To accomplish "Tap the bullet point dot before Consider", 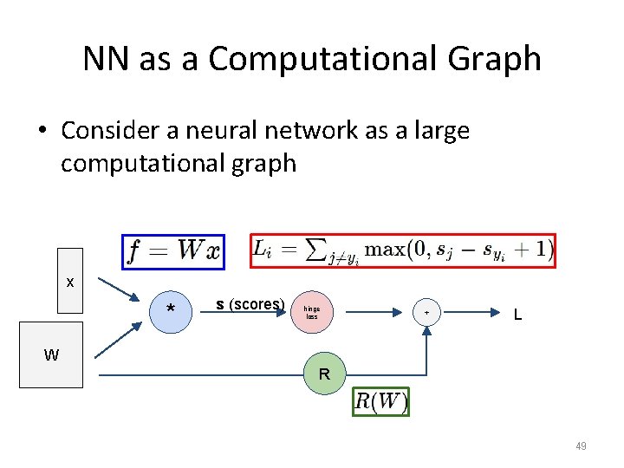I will [x=42, y=131].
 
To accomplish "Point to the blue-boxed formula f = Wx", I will [x=174, y=251].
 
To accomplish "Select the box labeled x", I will [x=70, y=281].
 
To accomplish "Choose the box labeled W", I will [x=51, y=355].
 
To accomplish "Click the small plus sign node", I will [x=426, y=313].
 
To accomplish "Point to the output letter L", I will [x=517, y=315].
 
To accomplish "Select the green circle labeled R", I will [x=323, y=374].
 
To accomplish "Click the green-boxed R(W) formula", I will [x=380, y=401].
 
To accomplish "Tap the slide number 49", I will [x=581, y=446].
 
